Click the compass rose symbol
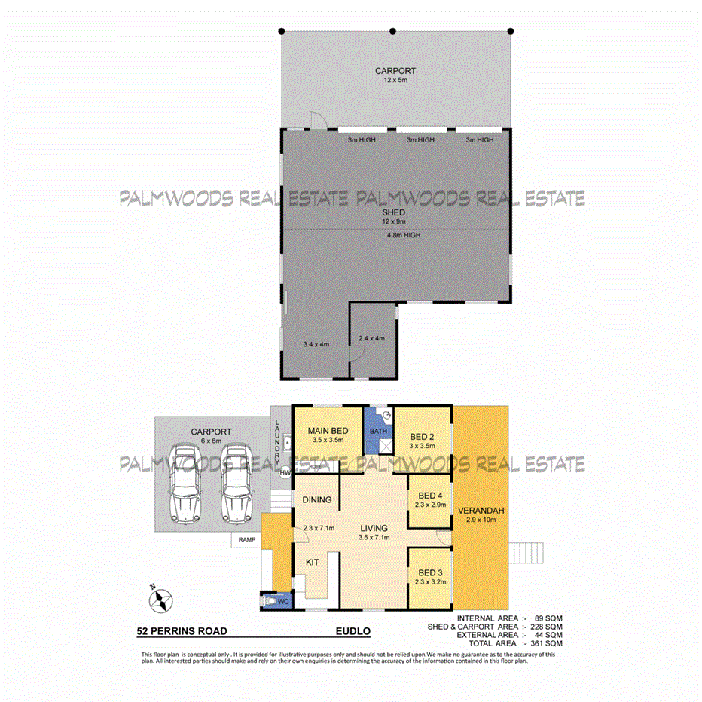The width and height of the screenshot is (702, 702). [x=160, y=600]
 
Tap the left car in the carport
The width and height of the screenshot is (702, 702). [x=185, y=484]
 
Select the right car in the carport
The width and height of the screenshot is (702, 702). [x=235, y=484]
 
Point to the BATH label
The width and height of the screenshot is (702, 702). [x=377, y=431]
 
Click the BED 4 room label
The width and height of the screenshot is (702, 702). [x=430, y=495]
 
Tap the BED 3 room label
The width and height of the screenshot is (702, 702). [x=430, y=576]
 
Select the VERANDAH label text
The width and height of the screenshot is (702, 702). [x=480, y=510]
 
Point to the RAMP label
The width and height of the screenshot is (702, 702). [x=246, y=540]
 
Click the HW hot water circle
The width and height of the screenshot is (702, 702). [x=285, y=472]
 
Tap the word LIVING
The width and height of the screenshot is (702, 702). [x=373, y=528]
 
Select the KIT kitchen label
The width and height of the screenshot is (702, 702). [x=312, y=562]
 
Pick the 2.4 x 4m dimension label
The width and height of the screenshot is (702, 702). [x=371, y=338]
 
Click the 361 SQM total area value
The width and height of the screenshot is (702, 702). [x=548, y=643]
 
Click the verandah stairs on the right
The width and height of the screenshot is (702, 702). [x=525, y=557]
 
